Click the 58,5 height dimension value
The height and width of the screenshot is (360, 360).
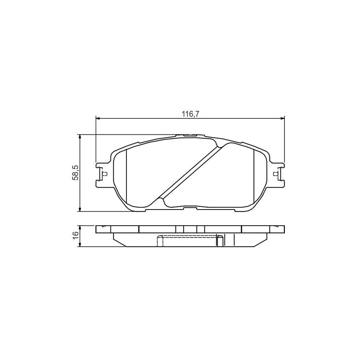[x=75, y=173]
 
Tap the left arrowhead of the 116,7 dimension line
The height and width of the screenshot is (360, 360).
[x=98, y=118]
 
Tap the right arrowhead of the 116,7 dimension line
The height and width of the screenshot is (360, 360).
[x=282, y=118]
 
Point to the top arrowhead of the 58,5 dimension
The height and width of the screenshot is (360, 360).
[x=81, y=137]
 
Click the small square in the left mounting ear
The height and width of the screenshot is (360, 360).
[x=105, y=174]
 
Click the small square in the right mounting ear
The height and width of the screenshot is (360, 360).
[x=275, y=174]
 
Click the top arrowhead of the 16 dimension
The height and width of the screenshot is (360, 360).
[x=81, y=227]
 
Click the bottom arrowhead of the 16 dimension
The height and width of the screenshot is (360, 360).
[x=81, y=245]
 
